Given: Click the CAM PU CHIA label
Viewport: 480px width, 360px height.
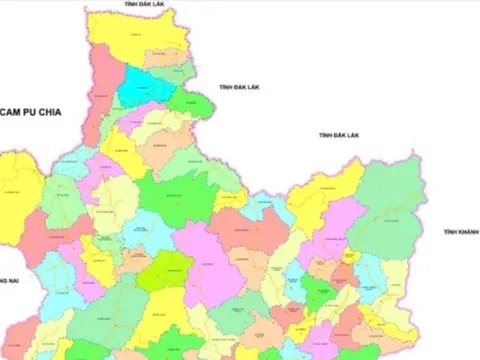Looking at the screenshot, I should [x=31, y=113].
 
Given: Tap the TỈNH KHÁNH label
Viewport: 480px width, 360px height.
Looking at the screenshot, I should [x=461, y=231].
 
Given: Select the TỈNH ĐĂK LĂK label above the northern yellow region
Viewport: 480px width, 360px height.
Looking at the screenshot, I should [x=144, y=5].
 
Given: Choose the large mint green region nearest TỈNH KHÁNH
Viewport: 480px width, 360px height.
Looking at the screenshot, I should [x=390, y=200].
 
